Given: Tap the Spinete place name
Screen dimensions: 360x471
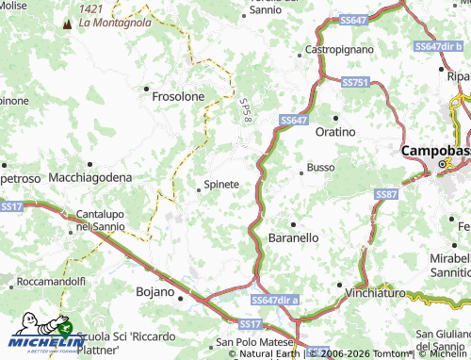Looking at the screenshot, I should (222, 184).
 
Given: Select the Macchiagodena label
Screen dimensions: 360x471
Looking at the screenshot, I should (89, 177).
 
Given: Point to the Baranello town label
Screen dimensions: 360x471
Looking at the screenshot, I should (294, 238).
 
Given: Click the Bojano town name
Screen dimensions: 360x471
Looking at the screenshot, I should (156, 291).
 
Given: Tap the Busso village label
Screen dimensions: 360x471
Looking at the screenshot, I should (321, 168).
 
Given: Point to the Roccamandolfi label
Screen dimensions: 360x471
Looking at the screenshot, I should (51, 281).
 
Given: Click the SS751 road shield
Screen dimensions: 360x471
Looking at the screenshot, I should (355, 83).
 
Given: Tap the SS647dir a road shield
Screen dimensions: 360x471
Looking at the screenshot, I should (275, 298).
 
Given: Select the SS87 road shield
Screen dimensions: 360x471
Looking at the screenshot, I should (386, 193).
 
